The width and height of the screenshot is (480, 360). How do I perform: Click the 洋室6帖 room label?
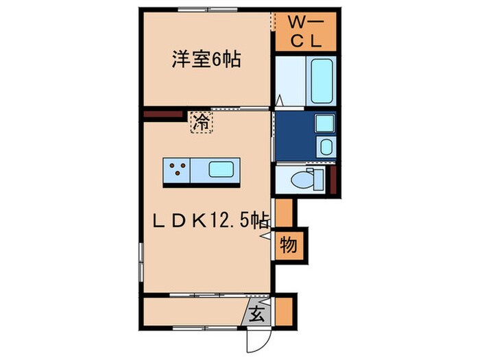click(205, 60)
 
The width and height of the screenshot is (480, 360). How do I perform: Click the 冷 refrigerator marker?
click(201, 123)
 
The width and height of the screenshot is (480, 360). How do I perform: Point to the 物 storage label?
click(289, 245)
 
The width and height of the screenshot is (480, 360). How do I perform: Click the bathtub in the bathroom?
click(321, 80)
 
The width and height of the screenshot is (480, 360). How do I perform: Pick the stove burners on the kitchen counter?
click(177, 169)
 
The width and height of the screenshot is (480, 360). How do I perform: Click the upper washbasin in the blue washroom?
click(324, 124)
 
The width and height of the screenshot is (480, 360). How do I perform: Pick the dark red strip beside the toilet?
click(333, 180)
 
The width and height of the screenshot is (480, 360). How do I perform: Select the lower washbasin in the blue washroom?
click(325, 146)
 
